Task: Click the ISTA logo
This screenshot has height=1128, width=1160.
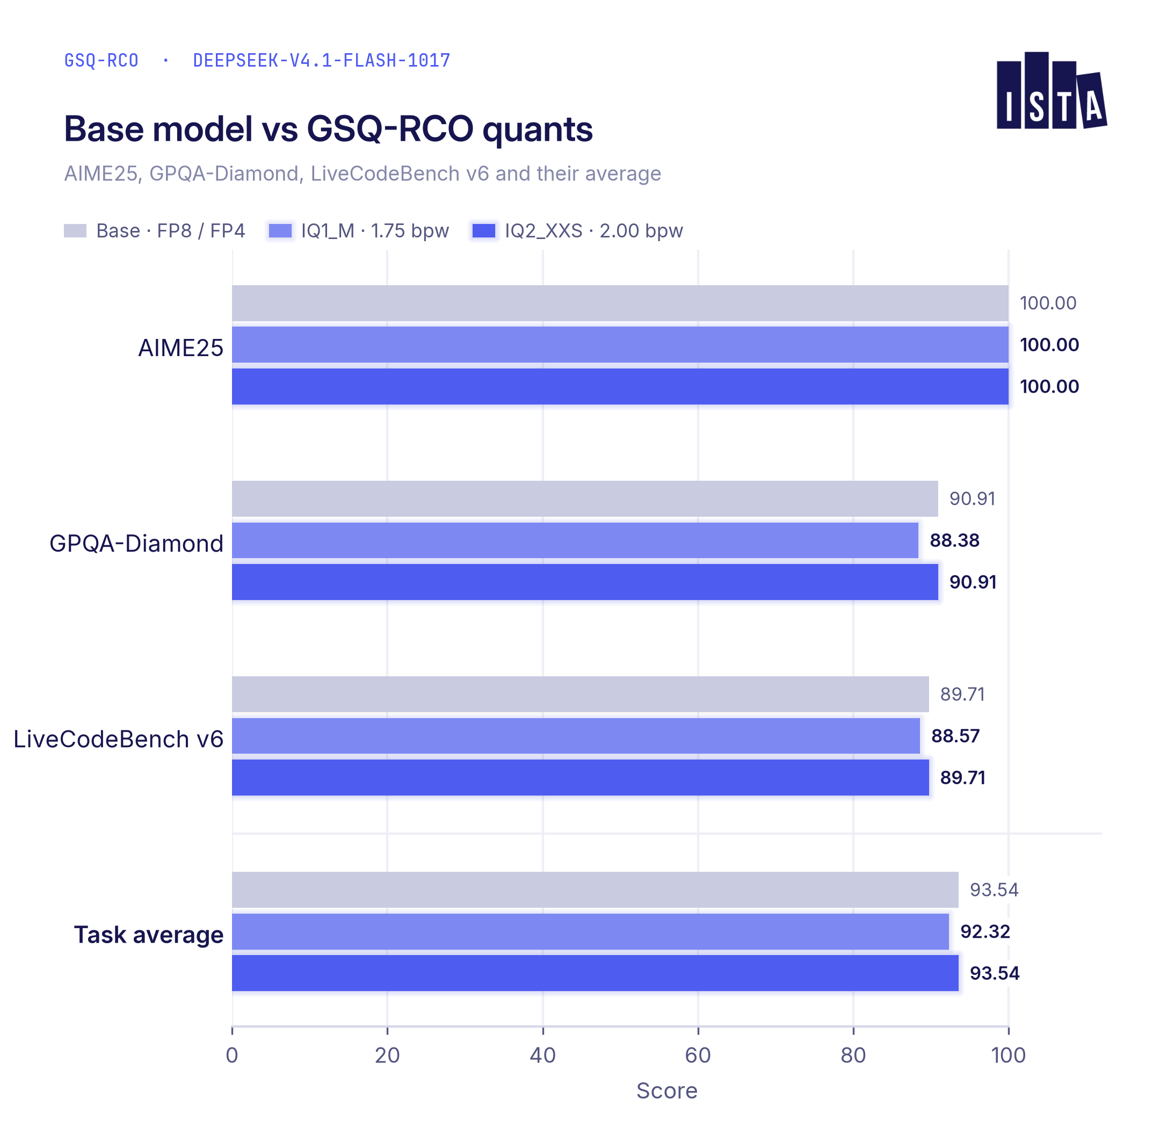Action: coord(1051,91)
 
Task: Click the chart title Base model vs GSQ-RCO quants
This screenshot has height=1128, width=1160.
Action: coord(328,129)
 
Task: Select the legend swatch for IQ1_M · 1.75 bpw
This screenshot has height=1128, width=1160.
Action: coord(280,230)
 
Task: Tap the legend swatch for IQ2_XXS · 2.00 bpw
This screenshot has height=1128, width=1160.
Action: coord(483,230)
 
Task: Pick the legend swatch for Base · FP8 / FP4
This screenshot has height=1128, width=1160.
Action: coord(75,230)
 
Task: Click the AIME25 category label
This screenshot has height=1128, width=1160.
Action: coord(180,348)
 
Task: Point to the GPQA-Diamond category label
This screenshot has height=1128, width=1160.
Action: coord(136,543)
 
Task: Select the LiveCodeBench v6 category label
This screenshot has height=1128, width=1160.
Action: coord(119,739)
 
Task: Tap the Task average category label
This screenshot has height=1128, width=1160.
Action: coord(149,934)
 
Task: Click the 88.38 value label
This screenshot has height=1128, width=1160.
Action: coord(954,540)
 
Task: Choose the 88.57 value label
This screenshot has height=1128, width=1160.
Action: coord(955,736)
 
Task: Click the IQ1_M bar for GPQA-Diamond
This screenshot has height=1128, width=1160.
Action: coord(575,540)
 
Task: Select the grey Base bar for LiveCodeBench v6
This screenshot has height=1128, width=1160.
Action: coord(580,695)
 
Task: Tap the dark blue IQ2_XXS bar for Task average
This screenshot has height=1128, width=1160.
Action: coord(595,973)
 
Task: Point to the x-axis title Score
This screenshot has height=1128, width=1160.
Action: coord(666,1091)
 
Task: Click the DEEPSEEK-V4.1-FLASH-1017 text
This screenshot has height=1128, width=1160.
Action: coord(322,60)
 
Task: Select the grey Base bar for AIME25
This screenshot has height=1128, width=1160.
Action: coord(620,303)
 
